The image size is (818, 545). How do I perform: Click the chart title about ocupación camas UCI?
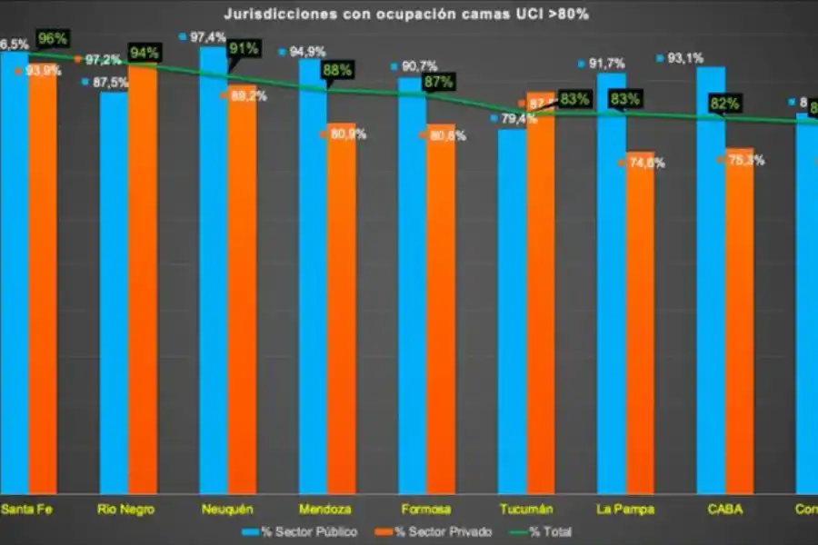(x=406, y=15)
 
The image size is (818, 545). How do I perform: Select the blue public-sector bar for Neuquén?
(x=214, y=272)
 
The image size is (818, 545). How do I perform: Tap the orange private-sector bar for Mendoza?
(x=341, y=309)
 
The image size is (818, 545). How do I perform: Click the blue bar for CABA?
(x=710, y=272)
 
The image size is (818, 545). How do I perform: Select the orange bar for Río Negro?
(x=143, y=272)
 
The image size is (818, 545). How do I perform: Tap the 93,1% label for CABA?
(x=684, y=58)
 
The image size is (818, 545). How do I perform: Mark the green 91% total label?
(x=244, y=49)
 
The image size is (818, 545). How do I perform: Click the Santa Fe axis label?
(x=26, y=509)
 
